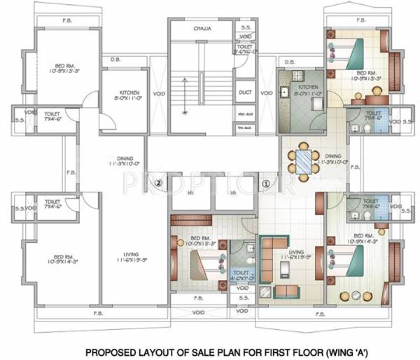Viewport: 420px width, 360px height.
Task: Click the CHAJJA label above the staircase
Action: [202, 29]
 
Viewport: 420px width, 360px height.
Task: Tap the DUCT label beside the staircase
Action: [245, 92]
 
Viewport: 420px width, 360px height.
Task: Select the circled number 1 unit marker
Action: [265, 184]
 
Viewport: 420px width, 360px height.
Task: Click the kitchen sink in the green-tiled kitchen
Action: [286, 91]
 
